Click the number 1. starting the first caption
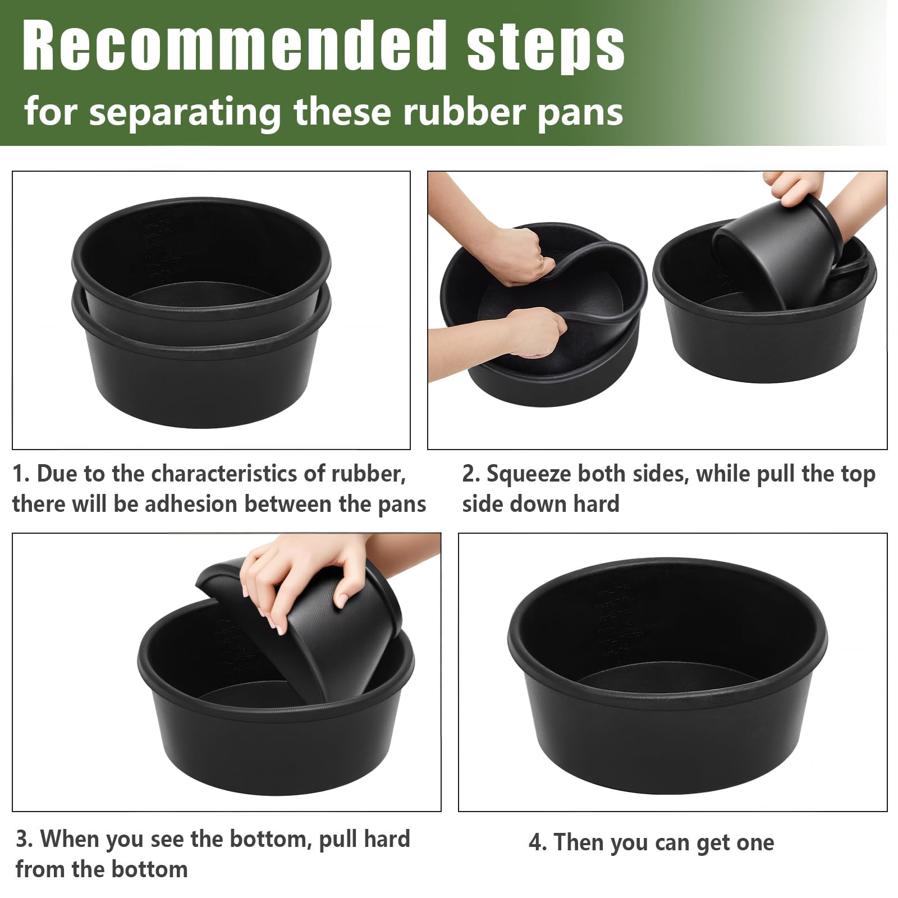coord(21,474)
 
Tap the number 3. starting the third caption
coord(25,839)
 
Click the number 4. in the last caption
coord(538,842)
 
